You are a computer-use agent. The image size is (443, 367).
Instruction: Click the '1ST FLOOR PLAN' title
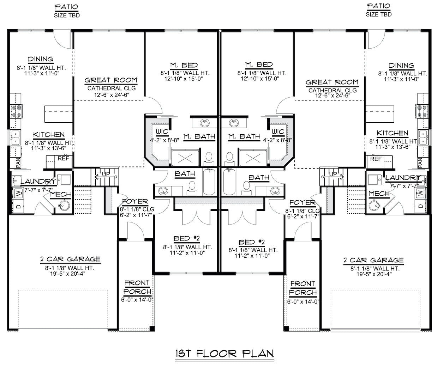225,354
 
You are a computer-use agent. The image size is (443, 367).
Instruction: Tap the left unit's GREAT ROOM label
111,80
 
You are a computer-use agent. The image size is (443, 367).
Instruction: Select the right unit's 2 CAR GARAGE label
373,260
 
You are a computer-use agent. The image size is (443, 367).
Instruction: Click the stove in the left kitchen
17,111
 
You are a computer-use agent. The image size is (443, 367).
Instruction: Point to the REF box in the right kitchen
379,162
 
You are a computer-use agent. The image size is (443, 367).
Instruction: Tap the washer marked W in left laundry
18,194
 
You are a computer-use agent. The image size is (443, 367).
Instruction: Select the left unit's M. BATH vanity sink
204,123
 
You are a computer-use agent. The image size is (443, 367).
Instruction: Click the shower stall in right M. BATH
253,158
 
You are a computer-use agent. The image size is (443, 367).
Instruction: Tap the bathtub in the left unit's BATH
209,182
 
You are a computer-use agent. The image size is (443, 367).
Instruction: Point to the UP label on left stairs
106,174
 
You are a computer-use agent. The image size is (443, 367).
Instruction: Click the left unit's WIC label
162,132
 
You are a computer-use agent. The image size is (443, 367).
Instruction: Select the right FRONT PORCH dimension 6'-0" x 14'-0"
303,301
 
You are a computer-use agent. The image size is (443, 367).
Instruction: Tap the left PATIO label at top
67,7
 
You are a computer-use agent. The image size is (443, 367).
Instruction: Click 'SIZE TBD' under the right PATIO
379,14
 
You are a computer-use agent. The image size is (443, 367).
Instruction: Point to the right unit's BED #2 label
252,242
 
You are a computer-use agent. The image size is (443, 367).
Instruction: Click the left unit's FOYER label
135,201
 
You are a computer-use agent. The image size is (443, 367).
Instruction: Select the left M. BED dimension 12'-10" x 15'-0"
184,79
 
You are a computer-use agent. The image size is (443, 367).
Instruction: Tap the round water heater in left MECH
64,205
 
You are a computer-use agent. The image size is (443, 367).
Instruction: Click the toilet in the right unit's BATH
246,188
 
